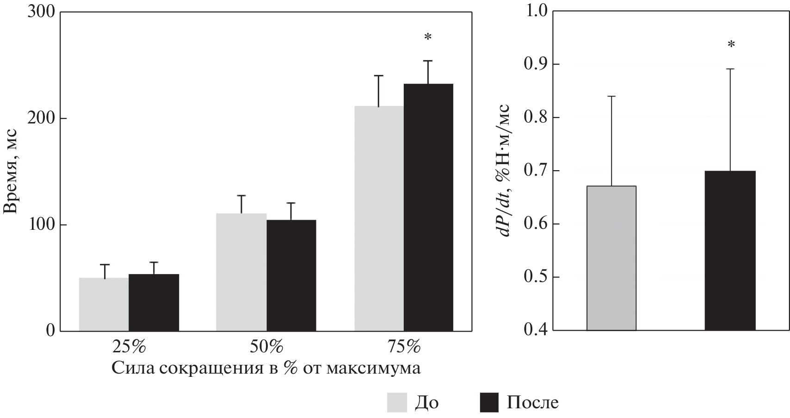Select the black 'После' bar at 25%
pos(154,302)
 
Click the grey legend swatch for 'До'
pos(397,402)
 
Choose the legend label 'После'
pos(532,402)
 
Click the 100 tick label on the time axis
pos(41,225)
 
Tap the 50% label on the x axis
pos(266,346)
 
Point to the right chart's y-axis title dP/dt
pos(504,171)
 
